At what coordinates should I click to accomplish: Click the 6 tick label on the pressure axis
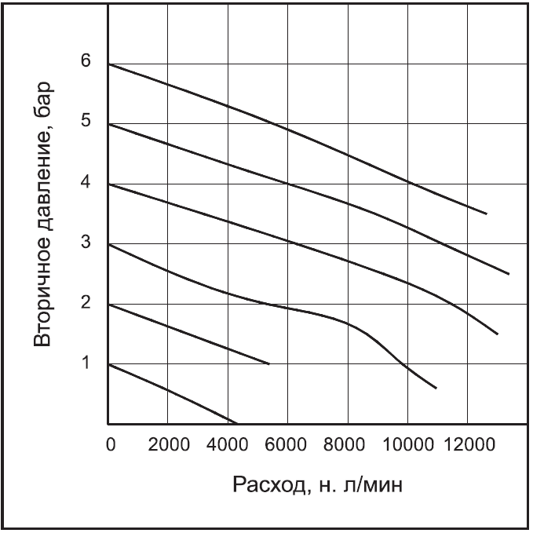86,62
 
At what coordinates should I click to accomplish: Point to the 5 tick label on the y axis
86,122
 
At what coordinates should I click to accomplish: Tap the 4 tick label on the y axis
86,183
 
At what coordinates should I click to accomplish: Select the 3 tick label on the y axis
86,243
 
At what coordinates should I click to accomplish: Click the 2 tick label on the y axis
86,304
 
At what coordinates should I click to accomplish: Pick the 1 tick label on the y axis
86,363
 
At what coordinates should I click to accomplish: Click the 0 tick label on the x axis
110,444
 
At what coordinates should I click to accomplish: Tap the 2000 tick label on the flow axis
169,444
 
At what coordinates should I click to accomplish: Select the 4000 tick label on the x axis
228,444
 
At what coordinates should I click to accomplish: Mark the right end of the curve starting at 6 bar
487,214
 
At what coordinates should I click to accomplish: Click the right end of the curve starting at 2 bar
269,363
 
